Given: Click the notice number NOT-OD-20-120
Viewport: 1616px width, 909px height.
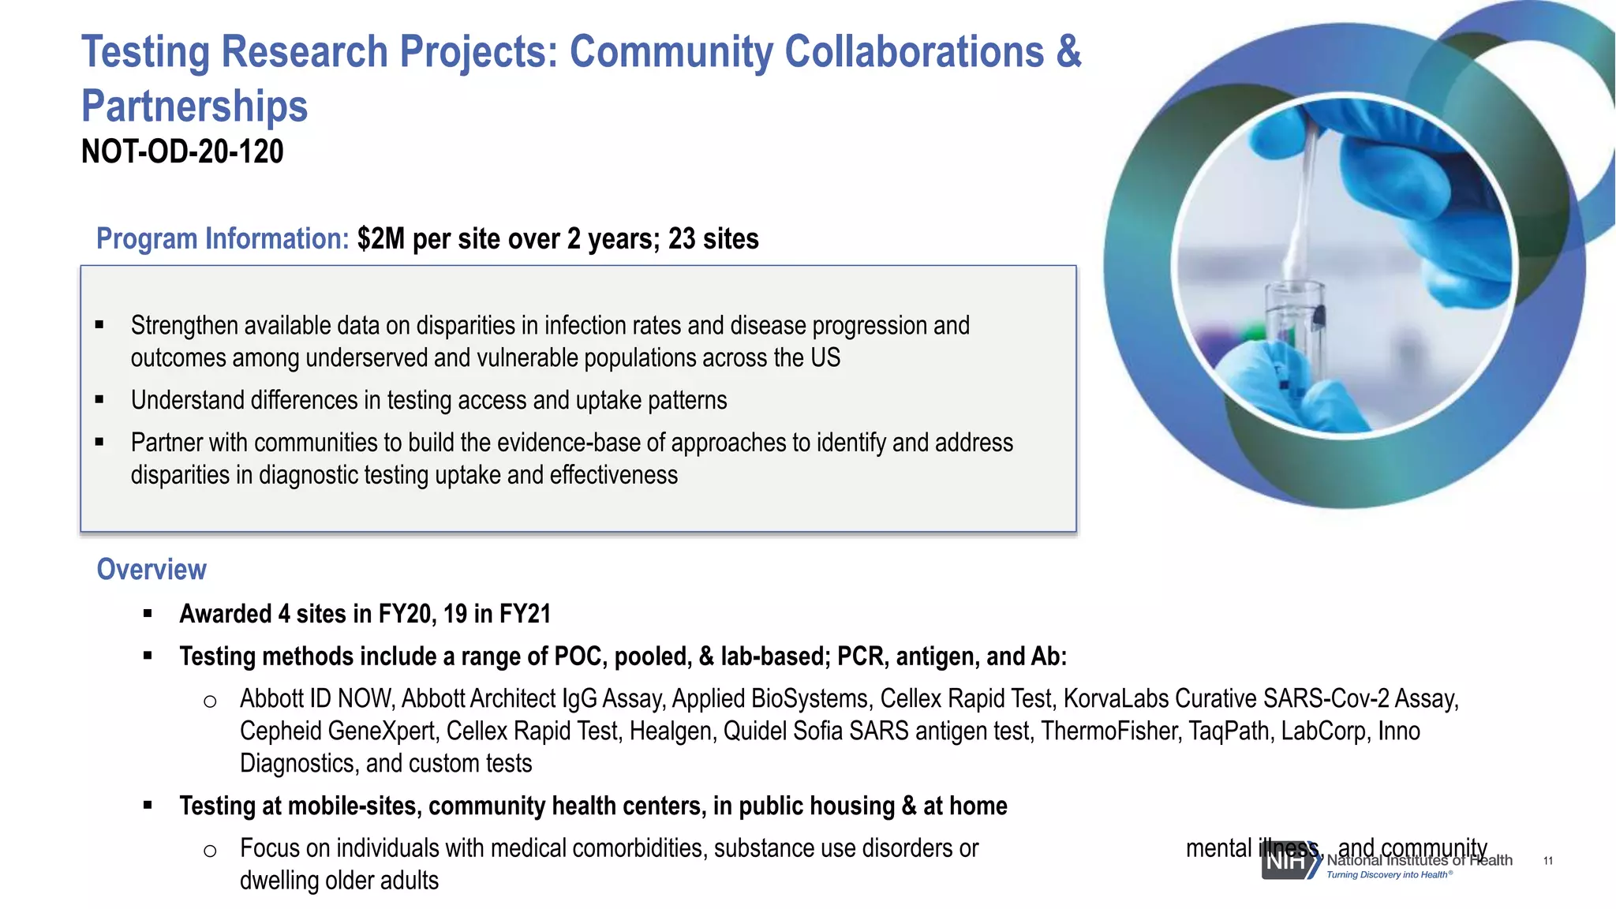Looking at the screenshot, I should coord(182,151).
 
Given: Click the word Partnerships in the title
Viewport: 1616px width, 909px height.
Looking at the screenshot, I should coord(194,106).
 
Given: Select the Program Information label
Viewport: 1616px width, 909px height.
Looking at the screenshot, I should coord(222,238).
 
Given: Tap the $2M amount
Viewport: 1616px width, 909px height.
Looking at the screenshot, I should coord(381,238).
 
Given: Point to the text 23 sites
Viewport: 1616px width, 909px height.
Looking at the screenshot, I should coord(713,238).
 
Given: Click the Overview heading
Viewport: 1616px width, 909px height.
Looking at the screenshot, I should coord(151,569).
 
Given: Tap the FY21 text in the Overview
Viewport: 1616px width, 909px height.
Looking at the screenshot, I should coord(524,613).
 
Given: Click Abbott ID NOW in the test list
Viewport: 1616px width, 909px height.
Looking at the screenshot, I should coord(316,698).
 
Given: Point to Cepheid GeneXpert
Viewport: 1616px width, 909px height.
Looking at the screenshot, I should coord(337,731).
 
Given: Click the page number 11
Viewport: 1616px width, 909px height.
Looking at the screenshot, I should coord(1547,861).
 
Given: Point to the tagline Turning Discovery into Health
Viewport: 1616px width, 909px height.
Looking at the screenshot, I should coord(1389,874).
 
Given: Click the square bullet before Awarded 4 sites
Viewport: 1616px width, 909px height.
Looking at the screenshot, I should coord(148,613).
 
